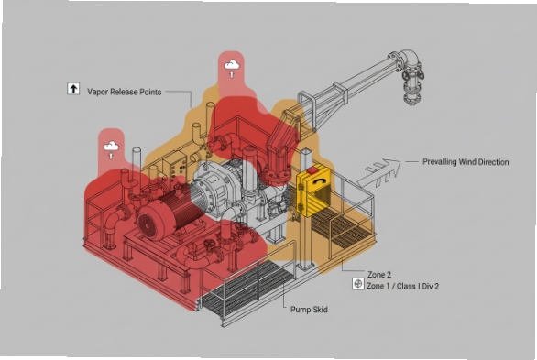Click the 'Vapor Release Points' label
tap(124, 92)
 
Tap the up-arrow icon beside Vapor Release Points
tap(72, 90)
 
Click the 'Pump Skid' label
tap(309, 310)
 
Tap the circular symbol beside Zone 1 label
tap(357, 285)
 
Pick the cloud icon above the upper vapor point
tap(233, 65)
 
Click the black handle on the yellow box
tap(318, 187)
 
